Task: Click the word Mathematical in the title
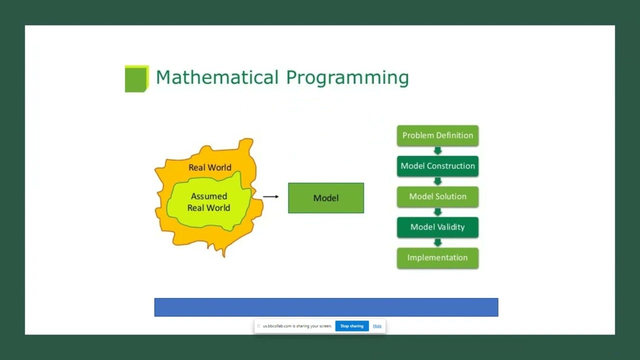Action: pos(217,77)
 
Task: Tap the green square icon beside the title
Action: pos(136,79)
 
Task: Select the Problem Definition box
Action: pos(437,135)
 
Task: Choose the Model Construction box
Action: pos(437,166)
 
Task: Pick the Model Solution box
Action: pos(437,196)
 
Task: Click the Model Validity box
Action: pos(437,227)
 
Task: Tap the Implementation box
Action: pos(437,258)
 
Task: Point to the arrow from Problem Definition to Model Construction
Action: pos(437,151)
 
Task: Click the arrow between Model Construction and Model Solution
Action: pos(437,181)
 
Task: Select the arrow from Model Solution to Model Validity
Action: pos(437,212)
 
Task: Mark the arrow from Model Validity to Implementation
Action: pos(437,242)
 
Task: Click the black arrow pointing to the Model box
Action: pos(270,196)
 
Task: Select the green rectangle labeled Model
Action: pos(326,198)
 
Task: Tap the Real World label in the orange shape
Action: pos(209,167)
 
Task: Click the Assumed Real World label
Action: pos(209,202)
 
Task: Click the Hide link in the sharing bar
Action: pos(377,326)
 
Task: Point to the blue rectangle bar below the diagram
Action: pos(326,307)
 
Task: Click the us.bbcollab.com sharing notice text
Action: pos(297,326)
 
